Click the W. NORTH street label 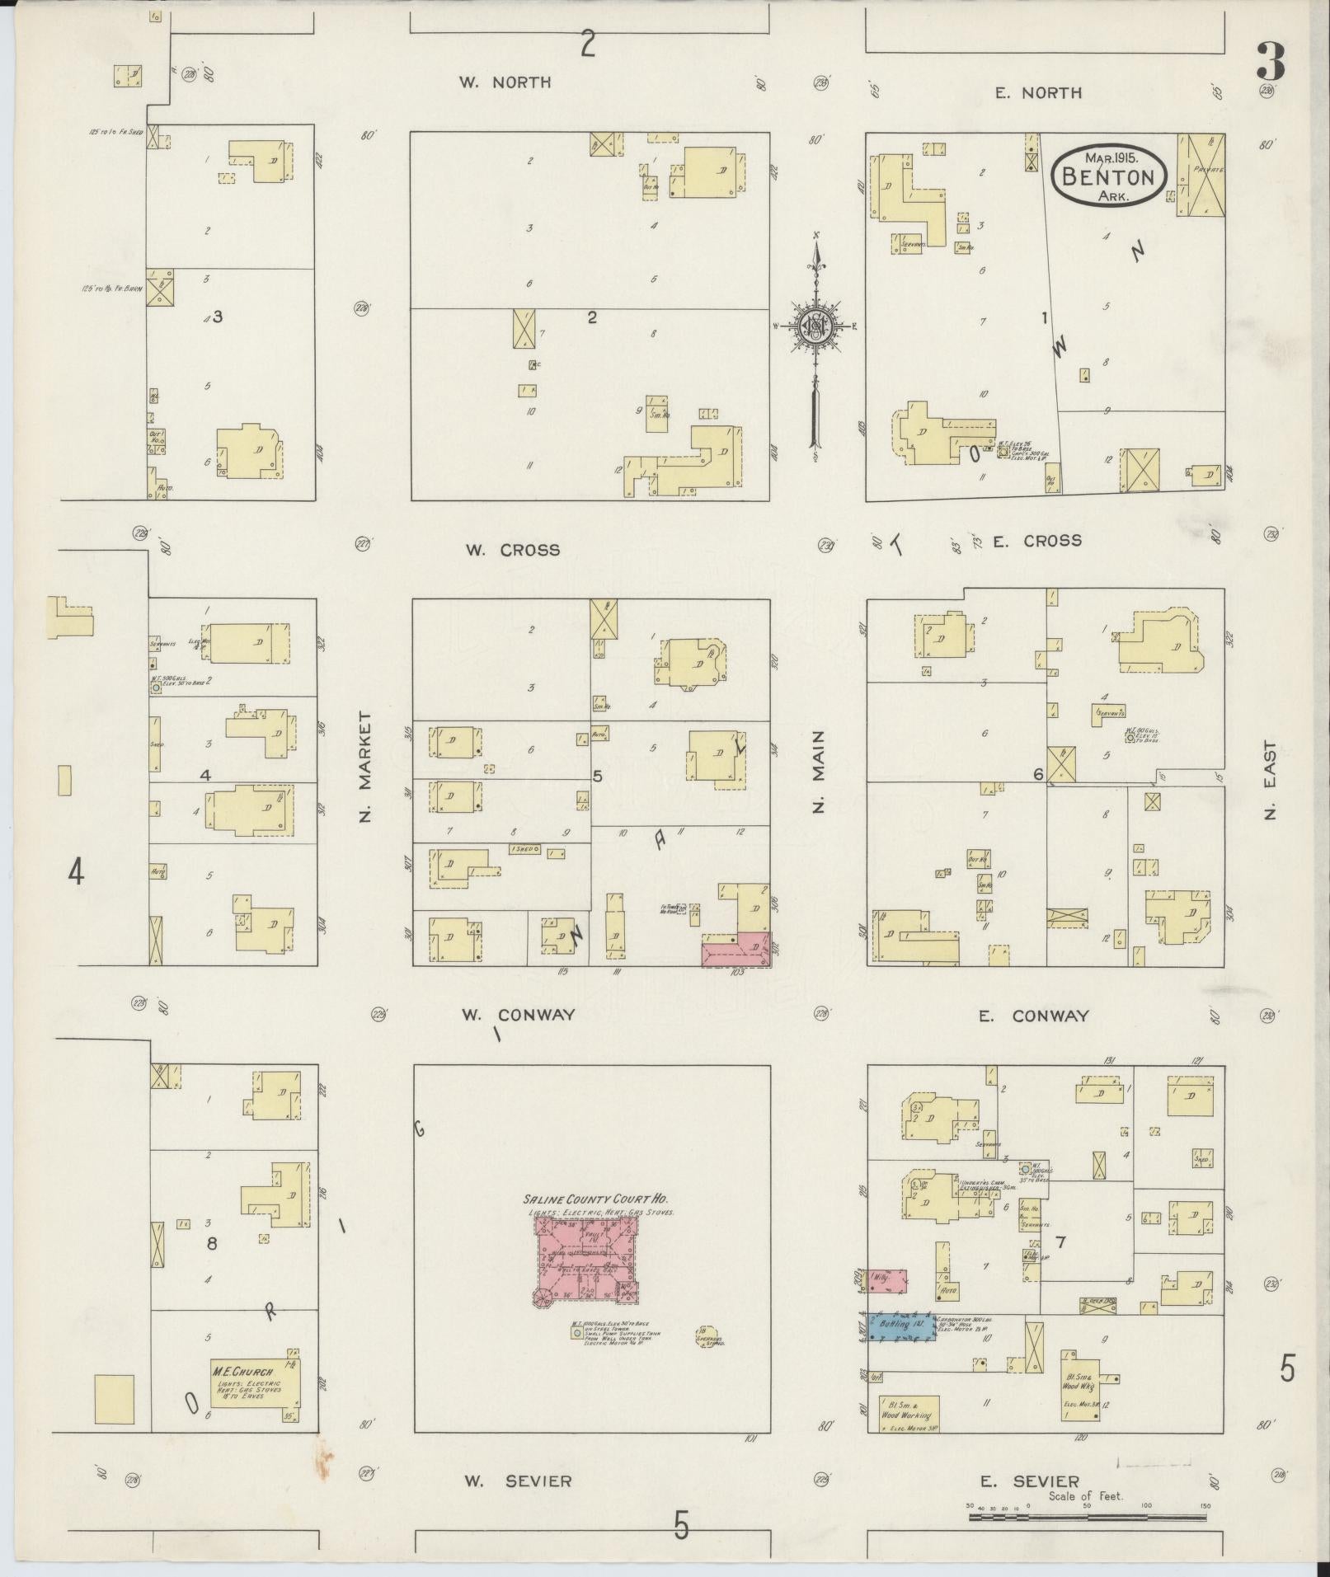coord(505,82)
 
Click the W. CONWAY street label coord(517,1015)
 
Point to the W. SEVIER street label coord(516,1481)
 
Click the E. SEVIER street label coord(1028,1481)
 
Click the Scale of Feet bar coord(1087,1516)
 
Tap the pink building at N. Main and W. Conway coord(735,950)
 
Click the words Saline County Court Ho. coord(595,1200)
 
